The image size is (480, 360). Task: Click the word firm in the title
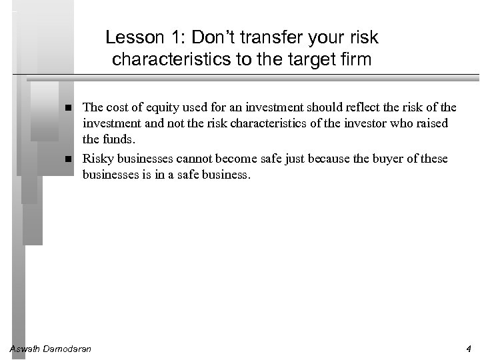pyautogui.click(x=356, y=60)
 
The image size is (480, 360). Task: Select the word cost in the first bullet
pyautogui.click(x=117, y=107)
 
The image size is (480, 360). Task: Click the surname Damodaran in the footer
pyautogui.click(x=69, y=349)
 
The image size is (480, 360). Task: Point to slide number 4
pyautogui.click(x=469, y=349)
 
